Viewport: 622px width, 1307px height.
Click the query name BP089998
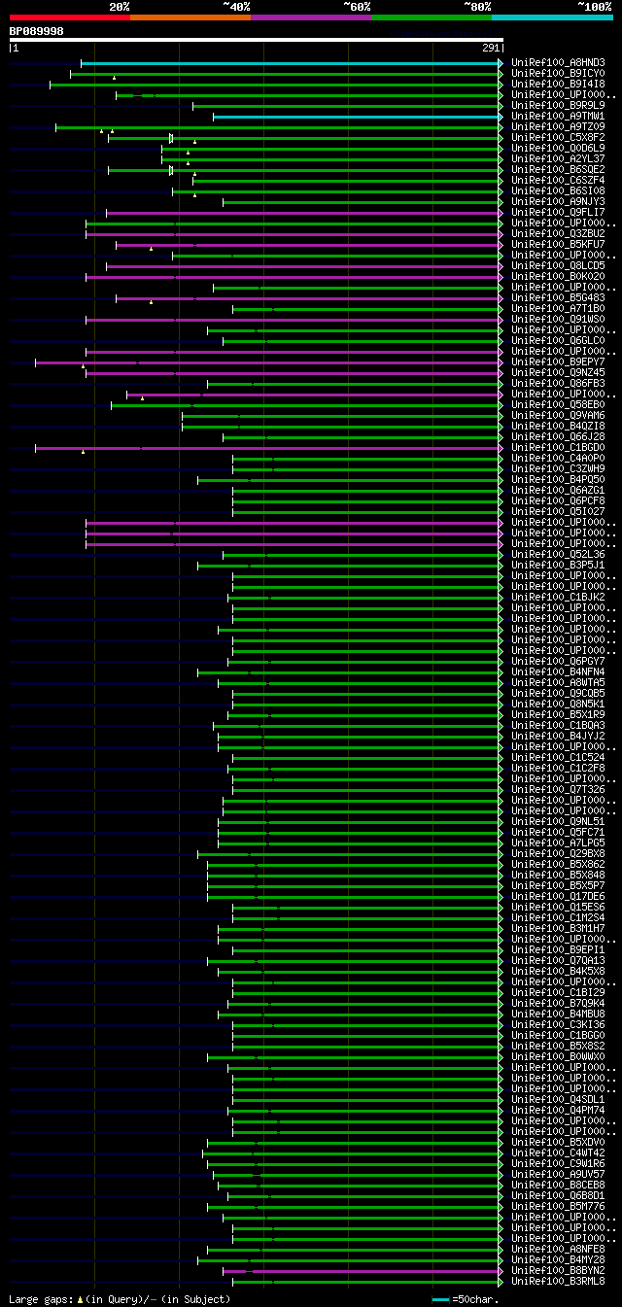(37, 31)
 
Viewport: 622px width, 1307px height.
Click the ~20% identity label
(119, 7)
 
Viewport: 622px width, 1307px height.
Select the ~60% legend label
(357, 7)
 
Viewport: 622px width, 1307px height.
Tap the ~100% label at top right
(594, 7)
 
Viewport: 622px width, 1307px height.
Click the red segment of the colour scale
(69, 17)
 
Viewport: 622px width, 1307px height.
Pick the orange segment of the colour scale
(190, 17)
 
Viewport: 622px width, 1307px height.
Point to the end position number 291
(490, 48)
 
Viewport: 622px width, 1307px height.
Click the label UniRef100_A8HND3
(558, 63)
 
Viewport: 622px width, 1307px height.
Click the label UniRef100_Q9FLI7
(558, 213)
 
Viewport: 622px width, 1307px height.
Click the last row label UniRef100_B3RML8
(558, 1282)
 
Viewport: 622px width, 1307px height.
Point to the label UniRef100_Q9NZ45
(558, 373)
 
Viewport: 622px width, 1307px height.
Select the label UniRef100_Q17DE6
(558, 897)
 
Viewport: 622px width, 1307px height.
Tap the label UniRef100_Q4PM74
(558, 1111)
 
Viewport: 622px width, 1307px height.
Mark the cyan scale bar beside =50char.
(440, 1299)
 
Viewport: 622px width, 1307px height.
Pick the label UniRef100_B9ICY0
(558, 74)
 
